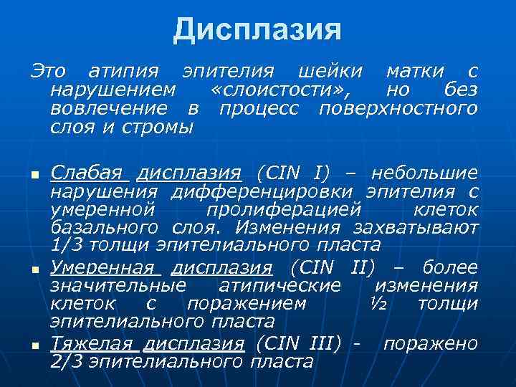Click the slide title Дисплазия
[258, 30]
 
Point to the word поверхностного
[398, 109]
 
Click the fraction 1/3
[70, 245]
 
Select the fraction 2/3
[70, 361]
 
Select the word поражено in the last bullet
[430, 343]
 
